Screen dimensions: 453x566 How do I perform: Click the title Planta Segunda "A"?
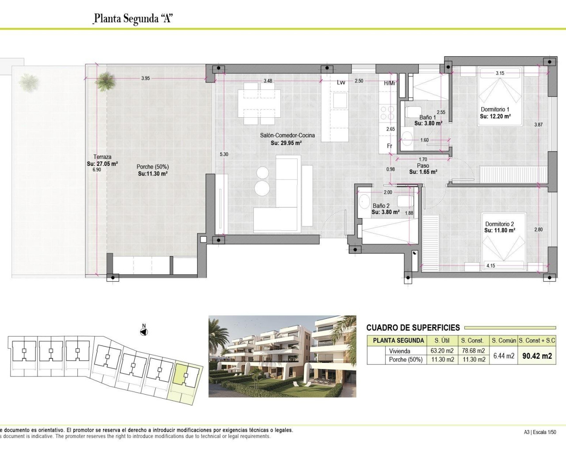(x=133, y=19)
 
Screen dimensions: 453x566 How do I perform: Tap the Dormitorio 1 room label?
(x=495, y=109)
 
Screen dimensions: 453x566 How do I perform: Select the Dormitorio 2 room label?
(x=499, y=224)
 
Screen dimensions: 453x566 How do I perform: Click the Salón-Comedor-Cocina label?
(x=287, y=135)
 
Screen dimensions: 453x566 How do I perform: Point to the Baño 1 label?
(x=427, y=117)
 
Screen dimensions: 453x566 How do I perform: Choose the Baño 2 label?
(x=381, y=206)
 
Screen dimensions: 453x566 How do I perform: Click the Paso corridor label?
(x=423, y=165)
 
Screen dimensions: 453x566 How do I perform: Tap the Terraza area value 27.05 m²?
(x=102, y=164)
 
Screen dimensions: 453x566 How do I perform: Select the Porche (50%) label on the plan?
(x=153, y=167)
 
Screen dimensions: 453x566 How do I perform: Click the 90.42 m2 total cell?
(x=537, y=356)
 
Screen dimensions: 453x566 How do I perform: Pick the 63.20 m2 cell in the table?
(x=442, y=351)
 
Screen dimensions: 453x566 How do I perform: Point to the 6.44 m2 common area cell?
(x=504, y=356)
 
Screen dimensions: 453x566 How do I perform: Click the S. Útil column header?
(x=442, y=341)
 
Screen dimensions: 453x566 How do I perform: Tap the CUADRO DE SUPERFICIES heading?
(x=413, y=328)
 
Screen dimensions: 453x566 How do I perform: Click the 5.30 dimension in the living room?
(x=224, y=154)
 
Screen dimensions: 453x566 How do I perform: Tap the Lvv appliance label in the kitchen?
(x=340, y=82)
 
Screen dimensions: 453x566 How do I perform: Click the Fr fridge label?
(x=390, y=146)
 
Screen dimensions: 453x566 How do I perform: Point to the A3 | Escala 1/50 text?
(x=540, y=432)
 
